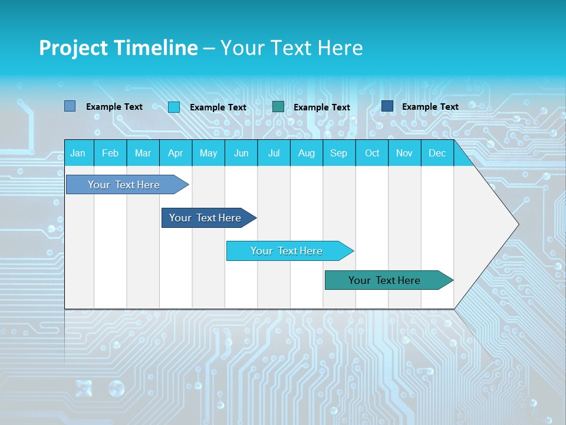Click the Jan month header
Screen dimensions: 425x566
click(x=78, y=153)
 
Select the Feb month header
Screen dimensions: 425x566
click(x=110, y=153)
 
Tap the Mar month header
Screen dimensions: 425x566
click(x=143, y=153)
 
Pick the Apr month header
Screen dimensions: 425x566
click(x=176, y=153)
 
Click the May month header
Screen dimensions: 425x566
click(x=208, y=153)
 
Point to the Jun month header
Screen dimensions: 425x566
click(x=241, y=153)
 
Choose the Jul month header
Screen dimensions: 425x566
click(x=274, y=153)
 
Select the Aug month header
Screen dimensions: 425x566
click(x=307, y=153)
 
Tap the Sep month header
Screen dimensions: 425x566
click(x=339, y=153)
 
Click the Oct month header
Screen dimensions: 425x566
click(x=372, y=153)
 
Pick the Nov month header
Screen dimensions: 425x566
click(x=404, y=153)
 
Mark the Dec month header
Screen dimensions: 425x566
click(x=437, y=153)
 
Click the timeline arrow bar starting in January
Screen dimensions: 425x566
click(x=124, y=185)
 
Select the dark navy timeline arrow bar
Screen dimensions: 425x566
click(x=206, y=218)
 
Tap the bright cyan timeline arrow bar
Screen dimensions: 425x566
click(x=287, y=251)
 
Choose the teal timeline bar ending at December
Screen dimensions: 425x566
click(x=385, y=280)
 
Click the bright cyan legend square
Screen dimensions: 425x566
click(x=174, y=107)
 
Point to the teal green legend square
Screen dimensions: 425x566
click(x=278, y=106)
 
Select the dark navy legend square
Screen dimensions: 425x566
click(x=387, y=106)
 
